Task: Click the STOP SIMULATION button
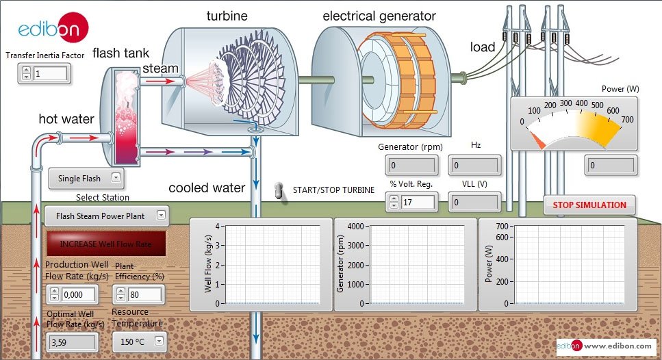pyautogui.click(x=589, y=205)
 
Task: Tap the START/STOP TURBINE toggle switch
pyautogui.click(x=279, y=192)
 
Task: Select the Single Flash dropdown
pyautogui.click(x=86, y=179)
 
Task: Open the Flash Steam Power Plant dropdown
pyautogui.click(x=107, y=216)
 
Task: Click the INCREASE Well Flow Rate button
pyautogui.click(x=105, y=243)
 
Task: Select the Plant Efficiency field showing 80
pyautogui.click(x=144, y=295)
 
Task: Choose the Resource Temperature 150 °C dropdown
pyautogui.click(x=139, y=340)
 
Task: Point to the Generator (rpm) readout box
pyautogui.click(x=412, y=165)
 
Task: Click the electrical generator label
pyautogui.click(x=379, y=15)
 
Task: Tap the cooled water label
pyautogui.click(x=207, y=188)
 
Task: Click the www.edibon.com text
pyautogui.click(x=619, y=346)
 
